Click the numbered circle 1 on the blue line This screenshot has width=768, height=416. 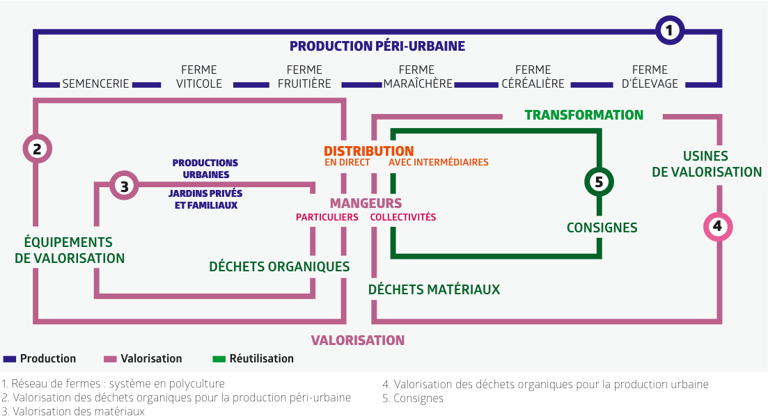point(670,31)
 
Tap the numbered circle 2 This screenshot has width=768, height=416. point(37,148)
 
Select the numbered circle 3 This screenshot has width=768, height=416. point(124,186)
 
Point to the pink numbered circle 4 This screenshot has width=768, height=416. point(718,227)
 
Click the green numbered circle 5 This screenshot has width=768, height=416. point(599,182)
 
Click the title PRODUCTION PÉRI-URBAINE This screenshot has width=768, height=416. point(377,46)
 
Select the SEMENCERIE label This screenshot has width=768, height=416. point(95,83)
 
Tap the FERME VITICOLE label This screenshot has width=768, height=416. point(199,77)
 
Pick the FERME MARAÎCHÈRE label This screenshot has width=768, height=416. point(417,77)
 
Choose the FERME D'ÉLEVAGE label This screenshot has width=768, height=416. point(650,77)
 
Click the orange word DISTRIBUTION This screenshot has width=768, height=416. point(369,151)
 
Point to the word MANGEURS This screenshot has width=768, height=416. point(366,203)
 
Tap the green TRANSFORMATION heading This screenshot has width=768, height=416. point(584,115)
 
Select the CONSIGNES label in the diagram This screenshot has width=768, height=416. point(602,227)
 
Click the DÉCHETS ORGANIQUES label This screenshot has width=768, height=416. point(279,266)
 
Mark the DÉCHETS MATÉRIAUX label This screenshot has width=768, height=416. point(434,289)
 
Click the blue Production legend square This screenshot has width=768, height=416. point(10,359)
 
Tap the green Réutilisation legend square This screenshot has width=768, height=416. point(219,359)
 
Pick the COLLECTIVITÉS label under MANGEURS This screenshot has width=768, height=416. point(402,217)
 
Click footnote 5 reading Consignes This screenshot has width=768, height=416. point(413,399)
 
